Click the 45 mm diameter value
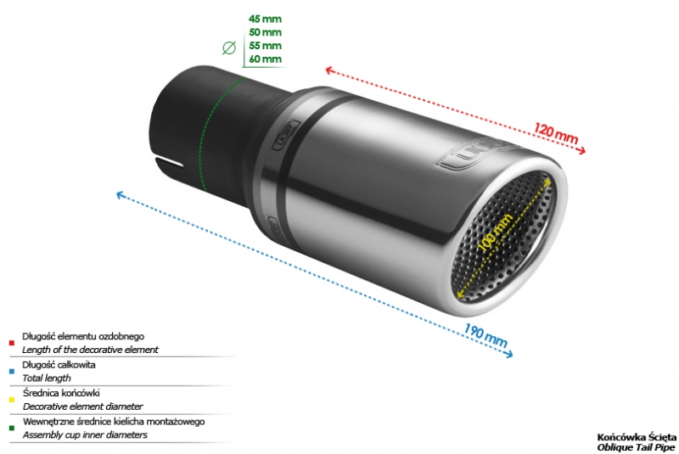pos(265,19)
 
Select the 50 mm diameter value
pos(265,32)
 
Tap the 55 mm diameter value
pos(265,46)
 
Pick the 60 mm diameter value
pos(265,59)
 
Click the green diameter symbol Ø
pos(229,48)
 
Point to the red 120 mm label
pos(556,133)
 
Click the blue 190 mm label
pos(485,335)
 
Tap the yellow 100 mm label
pos(496,232)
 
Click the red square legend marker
pos(12,343)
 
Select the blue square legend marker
pos(12,372)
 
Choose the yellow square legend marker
pos(12,400)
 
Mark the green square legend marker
pos(12,429)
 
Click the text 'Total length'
pos(47,378)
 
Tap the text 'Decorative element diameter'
pos(82,406)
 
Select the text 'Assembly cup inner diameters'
pos(85,435)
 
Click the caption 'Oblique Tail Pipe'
pos(636,447)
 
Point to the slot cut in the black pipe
pos(169,161)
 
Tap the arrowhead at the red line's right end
pos(582,149)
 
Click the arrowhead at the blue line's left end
pos(120,195)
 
